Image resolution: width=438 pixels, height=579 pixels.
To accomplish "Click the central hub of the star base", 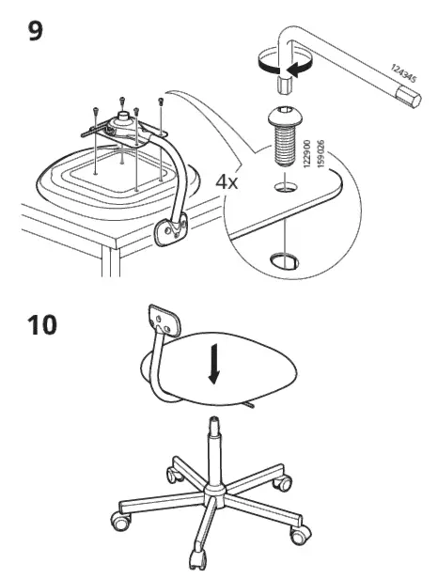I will click(214, 491).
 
